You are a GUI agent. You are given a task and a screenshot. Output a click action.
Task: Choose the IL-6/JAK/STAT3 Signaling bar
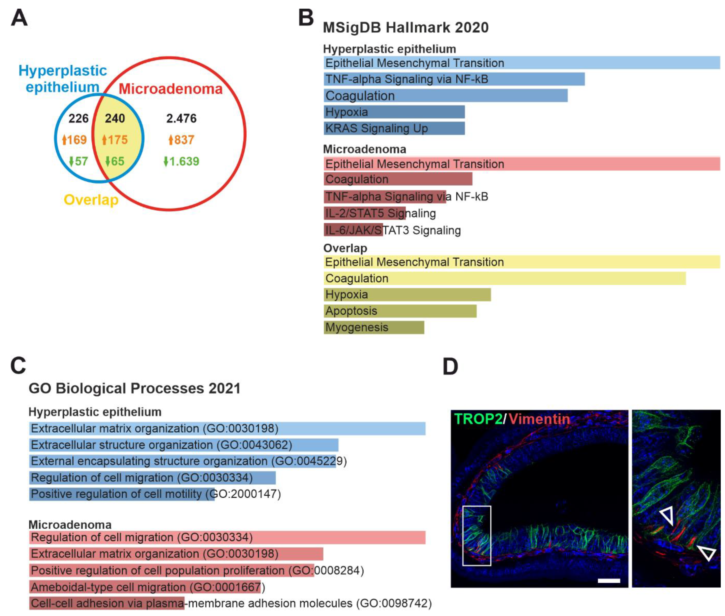tap(353, 230)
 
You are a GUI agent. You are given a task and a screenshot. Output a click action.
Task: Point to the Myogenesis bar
tap(374, 327)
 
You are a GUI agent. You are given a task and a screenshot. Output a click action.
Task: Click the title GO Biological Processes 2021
tap(135, 388)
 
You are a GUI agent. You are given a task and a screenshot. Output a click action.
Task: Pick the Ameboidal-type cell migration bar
tap(145, 587)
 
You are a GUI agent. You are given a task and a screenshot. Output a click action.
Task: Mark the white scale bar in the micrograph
tap(609, 581)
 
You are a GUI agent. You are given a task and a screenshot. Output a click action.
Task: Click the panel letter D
tap(450, 367)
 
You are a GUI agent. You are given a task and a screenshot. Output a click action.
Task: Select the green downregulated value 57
tap(78, 161)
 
